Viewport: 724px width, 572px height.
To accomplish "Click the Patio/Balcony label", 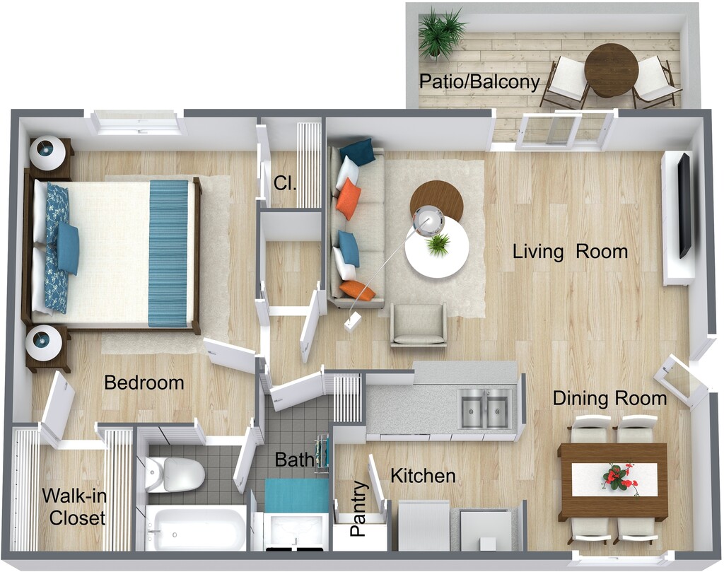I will pyautogui.click(x=479, y=82).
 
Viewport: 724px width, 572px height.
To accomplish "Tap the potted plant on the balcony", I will pyautogui.click(x=440, y=32).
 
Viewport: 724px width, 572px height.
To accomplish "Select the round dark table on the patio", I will pyautogui.click(x=611, y=70).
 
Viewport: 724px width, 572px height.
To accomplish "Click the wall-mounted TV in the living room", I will pyautogui.click(x=684, y=206).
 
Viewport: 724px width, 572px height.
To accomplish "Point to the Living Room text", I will pyautogui.click(x=570, y=252).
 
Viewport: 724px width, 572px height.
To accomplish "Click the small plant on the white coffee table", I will pyautogui.click(x=438, y=245).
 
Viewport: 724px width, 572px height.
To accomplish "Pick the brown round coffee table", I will pyautogui.click(x=436, y=199).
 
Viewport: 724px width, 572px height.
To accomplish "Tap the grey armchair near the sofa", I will pyautogui.click(x=419, y=325).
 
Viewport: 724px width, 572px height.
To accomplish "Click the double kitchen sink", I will pyautogui.click(x=485, y=408).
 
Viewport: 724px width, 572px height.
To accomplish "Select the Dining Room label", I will pyautogui.click(x=609, y=399).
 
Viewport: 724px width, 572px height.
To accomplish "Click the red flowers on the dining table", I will pyautogui.click(x=619, y=477).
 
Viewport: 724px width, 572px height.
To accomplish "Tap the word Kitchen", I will pyautogui.click(x=423, y=476).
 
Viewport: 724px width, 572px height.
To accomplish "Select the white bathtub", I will pyautogui.click(x=195, y=527).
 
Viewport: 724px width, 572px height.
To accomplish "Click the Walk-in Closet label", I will pyautogui.click(x=73, y=506).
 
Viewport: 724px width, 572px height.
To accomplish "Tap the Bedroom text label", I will pyautogui.click(x=144, y=383).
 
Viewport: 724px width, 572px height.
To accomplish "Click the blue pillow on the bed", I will pyautogui.click(x=68, y=248).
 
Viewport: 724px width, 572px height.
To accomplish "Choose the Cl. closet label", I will pyautogui.click(x=285, y=182).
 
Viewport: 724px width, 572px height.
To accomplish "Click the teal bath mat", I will pyautogui.click(x=297, y=495).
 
